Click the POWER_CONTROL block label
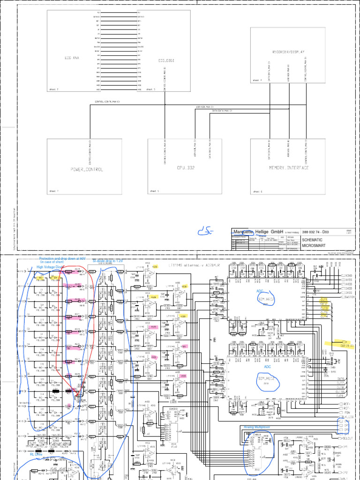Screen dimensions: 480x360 pos(87,169)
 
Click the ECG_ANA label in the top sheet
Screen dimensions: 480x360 pos(72,58)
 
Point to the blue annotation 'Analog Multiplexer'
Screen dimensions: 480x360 pos(257,427)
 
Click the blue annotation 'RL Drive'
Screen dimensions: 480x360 pos(36,454)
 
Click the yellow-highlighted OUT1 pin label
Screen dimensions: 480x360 pos(323,299)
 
